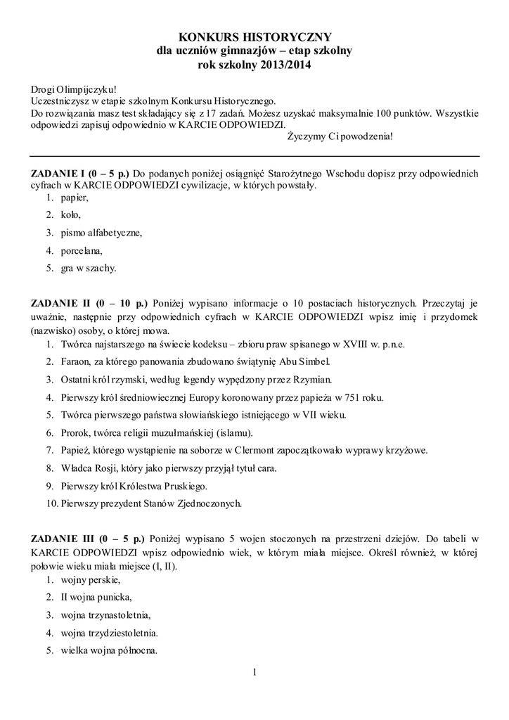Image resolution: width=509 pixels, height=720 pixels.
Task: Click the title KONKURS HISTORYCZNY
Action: click(254, 37)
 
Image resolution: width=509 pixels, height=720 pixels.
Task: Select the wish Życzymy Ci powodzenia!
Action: click(341, 136)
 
